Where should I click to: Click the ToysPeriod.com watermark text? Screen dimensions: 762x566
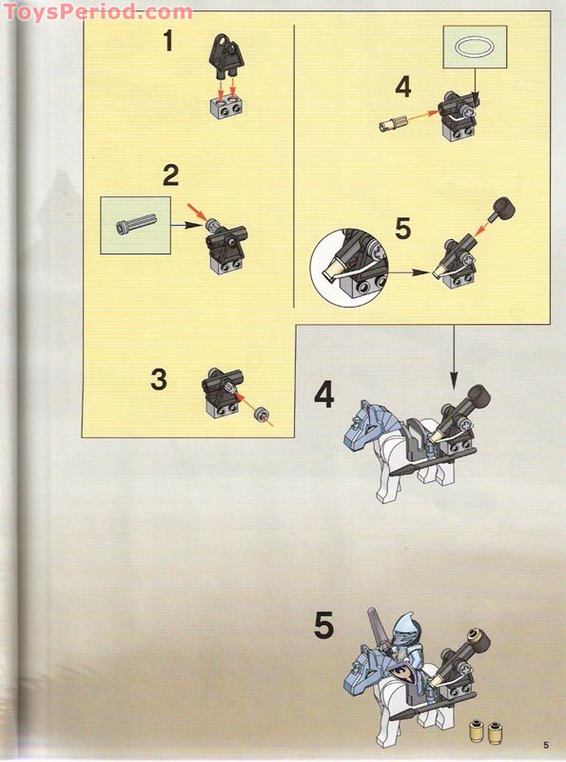[96, 11]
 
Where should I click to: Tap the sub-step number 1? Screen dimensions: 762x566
[167, 42]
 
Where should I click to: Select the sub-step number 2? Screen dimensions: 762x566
[170, 175]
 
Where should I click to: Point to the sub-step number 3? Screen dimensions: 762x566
[158, 379]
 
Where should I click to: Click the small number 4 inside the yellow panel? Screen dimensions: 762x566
[403, 88]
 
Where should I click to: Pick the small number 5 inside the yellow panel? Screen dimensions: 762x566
[402, 230]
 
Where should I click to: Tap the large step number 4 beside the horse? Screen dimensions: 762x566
[324, 394]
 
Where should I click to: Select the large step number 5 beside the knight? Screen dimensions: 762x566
[324, 626]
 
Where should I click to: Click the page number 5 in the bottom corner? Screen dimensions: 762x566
[546, 744]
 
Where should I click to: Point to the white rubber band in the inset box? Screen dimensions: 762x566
[474, 46]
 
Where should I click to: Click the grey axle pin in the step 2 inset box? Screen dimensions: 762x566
[134, 225]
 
